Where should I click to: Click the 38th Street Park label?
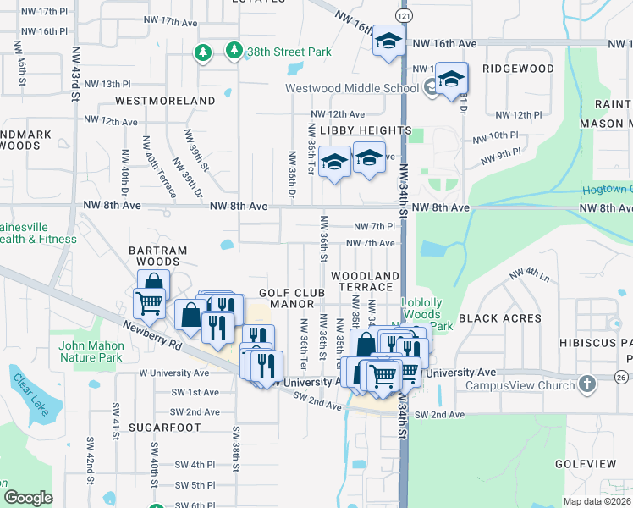click(x=288, y=52)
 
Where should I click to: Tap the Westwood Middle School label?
click(x=352, y=87)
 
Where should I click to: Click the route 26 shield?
click(x=622, y=376)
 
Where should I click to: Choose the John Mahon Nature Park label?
click(x=91, y=351)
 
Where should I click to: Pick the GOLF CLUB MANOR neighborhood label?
click(x=292, y=298)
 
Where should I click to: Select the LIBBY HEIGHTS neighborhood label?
click(x=366, y=131)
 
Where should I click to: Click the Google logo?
click(x=28, y=498)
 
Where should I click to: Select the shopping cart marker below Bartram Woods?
click(x=149, y=301)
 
